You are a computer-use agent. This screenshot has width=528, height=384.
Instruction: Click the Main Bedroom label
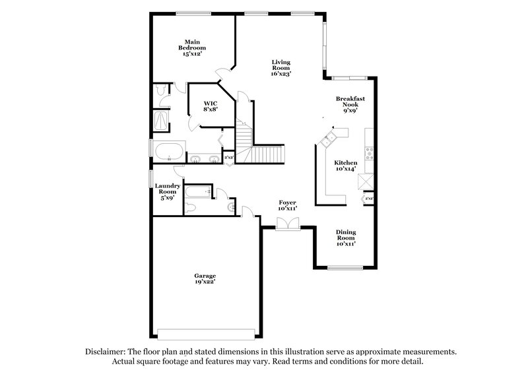[192, 48]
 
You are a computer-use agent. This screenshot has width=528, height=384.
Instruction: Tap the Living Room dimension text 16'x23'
[280, 74]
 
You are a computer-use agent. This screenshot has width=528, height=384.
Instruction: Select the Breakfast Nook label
[350, 105]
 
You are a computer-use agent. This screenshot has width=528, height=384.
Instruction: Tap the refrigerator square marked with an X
[366, 181]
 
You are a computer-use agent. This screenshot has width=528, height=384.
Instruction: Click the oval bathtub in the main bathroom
[170, 150]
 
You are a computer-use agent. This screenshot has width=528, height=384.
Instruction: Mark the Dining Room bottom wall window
[345, 267]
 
